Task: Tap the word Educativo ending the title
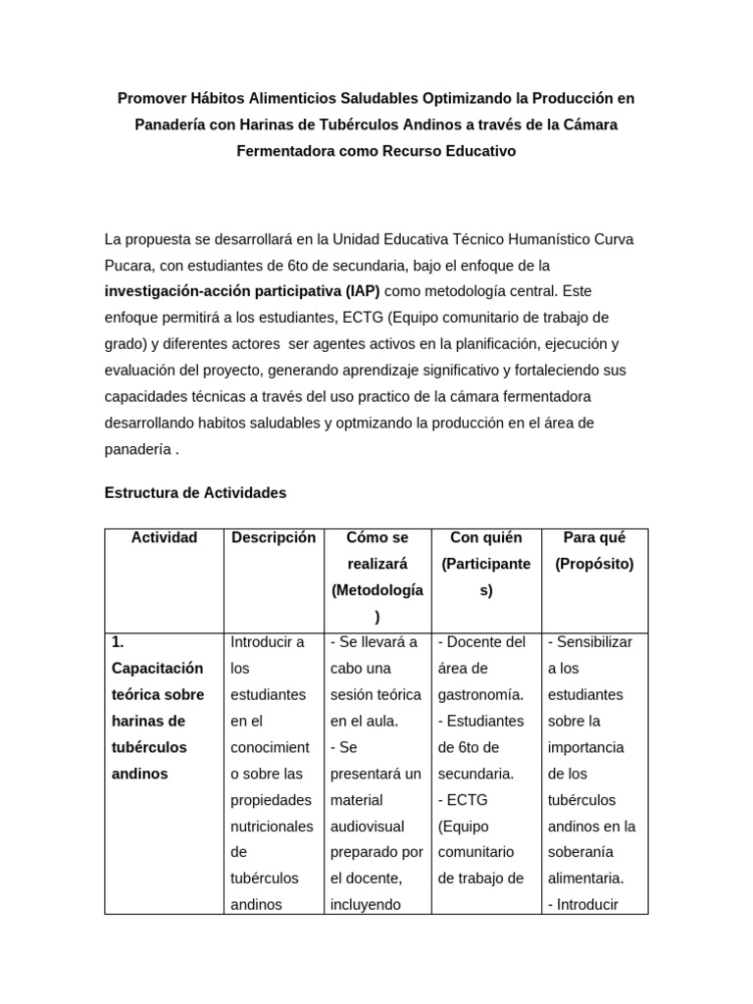point(467,152)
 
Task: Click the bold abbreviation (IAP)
point(363,291)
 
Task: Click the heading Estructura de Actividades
point(195,493)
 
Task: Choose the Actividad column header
point(165,537)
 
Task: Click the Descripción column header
point(274,537)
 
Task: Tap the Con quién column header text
point(486,537)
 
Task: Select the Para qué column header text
point(594,537)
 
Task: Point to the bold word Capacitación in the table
point(158,669)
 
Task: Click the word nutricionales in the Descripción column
point(273,827)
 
